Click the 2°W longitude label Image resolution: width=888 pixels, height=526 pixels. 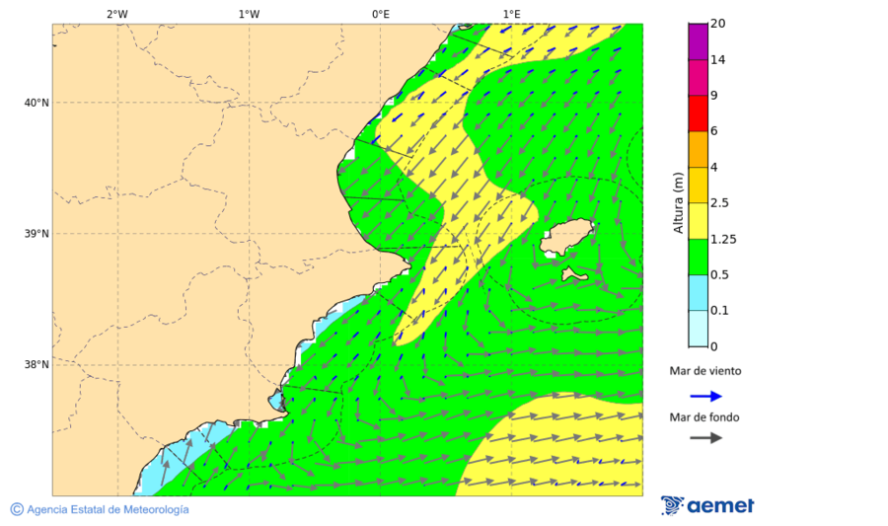point(116,14)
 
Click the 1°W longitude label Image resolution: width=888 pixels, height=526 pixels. point(249,14)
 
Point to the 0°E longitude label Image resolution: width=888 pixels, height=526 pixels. point(380,14)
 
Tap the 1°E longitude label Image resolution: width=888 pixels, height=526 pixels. point(512,14)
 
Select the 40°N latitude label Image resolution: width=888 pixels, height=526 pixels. point(37,103)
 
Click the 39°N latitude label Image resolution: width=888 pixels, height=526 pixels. point(37,234)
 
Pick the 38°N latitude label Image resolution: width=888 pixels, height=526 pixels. point(37,365)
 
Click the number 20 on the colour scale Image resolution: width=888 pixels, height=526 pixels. point(717,24)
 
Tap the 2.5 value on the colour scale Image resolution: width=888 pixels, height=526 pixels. point(718,203)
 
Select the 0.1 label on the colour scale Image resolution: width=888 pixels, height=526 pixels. point(718,311)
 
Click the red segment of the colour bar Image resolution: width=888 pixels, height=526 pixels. point(698,113)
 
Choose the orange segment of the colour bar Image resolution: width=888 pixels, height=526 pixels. point(698,149)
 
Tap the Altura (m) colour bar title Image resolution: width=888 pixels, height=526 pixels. point(678,202)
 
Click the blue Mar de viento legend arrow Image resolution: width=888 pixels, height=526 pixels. point(705,396)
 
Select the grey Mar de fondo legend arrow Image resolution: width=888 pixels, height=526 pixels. point(705,438)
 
